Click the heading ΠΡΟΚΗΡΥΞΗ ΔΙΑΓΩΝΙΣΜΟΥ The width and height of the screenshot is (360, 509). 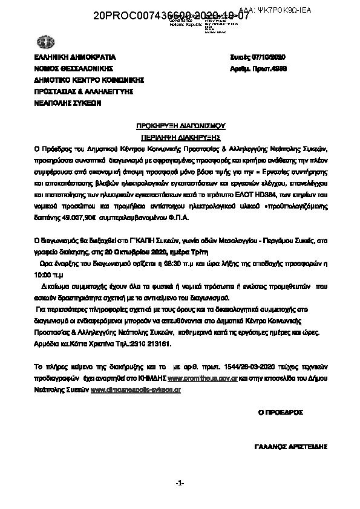pos(180,126)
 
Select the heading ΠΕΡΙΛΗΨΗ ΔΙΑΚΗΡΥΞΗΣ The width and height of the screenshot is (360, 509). pos(180,137)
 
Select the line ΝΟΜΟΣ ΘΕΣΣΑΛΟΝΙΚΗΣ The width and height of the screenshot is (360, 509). pos(73,69)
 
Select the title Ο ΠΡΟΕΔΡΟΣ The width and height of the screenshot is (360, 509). pos(281,412)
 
